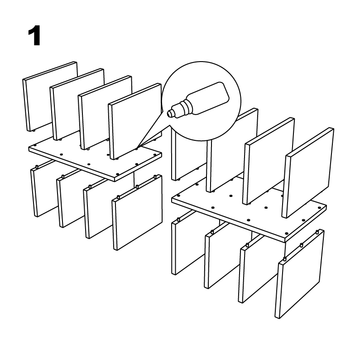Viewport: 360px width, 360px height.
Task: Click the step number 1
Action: coord(34,36)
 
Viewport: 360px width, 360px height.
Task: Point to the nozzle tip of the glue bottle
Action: coord(169,113)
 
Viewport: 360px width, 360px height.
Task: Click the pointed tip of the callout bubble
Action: coord(137,148)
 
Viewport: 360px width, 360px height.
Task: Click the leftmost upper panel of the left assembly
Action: coord(50,96)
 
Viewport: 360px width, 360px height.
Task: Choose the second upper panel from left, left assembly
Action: coord(77,104)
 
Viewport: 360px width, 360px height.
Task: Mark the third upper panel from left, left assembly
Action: coord(105,112)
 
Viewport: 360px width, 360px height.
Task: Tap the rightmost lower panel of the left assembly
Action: coord(137,212)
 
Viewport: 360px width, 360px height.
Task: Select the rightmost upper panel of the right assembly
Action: coord(307,173)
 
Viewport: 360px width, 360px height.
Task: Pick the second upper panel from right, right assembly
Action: coord(269,161)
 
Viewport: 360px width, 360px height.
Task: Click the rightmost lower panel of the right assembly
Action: coord(300,274)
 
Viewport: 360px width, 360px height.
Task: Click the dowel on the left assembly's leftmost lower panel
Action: coord(37,167)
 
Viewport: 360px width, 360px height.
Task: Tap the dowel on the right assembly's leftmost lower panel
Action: coord(178,220)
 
